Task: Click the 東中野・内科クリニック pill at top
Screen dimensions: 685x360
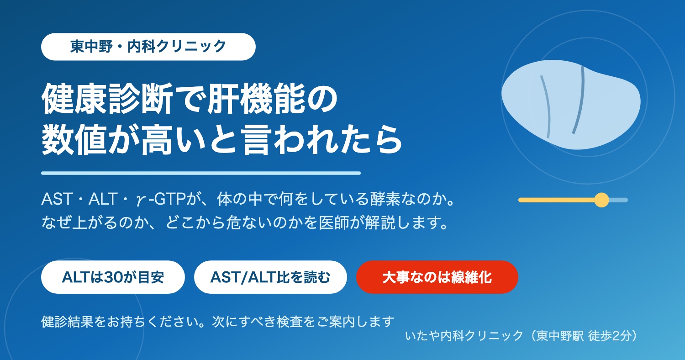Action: tap(148, 47)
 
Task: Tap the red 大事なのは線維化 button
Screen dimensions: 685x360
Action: tap(437, 277)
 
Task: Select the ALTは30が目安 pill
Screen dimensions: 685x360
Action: tap(113, 277)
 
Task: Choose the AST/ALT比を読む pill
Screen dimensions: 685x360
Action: tap(270, 277)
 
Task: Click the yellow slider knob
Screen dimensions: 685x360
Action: tap(601, 200)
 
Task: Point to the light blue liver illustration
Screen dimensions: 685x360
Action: tap(571, 105)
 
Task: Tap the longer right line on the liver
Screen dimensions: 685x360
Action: tap(579, 100)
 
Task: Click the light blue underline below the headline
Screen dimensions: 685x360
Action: tap(201, 173)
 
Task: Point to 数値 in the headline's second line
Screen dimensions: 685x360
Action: tap(74, 139)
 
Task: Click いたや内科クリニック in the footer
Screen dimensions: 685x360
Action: tap(464, 335)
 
